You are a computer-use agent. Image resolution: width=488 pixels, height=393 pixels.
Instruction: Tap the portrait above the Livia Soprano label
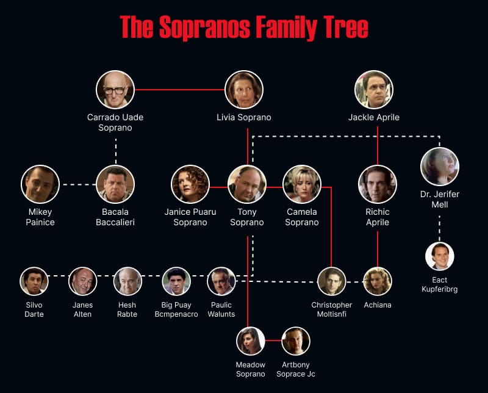click(x=244, y=90)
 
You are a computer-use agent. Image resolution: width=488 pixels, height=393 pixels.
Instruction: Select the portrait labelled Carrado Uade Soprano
click(x=115, y=90)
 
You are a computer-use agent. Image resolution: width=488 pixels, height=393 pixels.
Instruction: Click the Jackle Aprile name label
click(x=374, y=117)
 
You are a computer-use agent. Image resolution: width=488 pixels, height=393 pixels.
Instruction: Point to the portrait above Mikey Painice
click(x=40, y=184)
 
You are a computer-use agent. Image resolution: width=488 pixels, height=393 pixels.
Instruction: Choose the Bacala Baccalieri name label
click(x=115, y=217)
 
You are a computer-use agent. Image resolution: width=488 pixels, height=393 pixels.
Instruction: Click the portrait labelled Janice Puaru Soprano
click(x=190, y=184)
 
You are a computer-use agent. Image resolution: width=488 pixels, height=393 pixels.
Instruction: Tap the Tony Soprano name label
click(x=247, y=217)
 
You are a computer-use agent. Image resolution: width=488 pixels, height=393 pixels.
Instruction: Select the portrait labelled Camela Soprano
click(x=302, y=184)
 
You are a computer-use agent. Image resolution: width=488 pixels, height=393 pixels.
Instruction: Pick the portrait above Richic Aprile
click(x=378, y=184)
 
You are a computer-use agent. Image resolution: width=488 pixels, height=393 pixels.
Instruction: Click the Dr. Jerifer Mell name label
click(x=439, y=200)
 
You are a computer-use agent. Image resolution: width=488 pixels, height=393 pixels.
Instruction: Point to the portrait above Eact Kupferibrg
click(x=439, y=256)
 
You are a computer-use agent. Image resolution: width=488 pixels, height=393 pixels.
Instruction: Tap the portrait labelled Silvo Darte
click(x=34, y=281)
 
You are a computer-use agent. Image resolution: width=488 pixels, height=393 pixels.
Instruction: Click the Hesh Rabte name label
click(x=127, y=309)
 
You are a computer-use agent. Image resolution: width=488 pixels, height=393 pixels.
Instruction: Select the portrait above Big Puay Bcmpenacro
click(x=176, y=281)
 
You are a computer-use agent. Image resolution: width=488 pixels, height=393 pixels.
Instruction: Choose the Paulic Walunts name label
click(x=221, y=309)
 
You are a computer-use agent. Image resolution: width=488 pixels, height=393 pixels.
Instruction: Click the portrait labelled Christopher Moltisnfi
click(x=332, y=281)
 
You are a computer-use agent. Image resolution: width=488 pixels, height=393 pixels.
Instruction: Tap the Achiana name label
click(x=378, y=305)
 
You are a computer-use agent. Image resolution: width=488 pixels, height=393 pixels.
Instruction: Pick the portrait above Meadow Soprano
click(x=251, y=341)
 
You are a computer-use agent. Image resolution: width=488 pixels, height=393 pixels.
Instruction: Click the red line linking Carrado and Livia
click(x=179, y=90)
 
